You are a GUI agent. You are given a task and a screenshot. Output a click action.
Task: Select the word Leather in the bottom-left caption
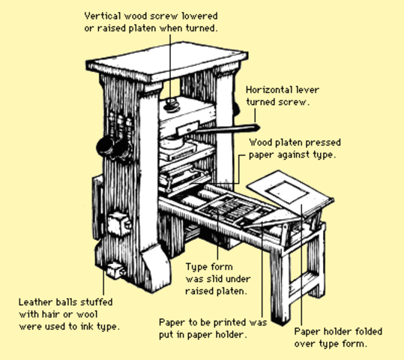click(35, 303)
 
